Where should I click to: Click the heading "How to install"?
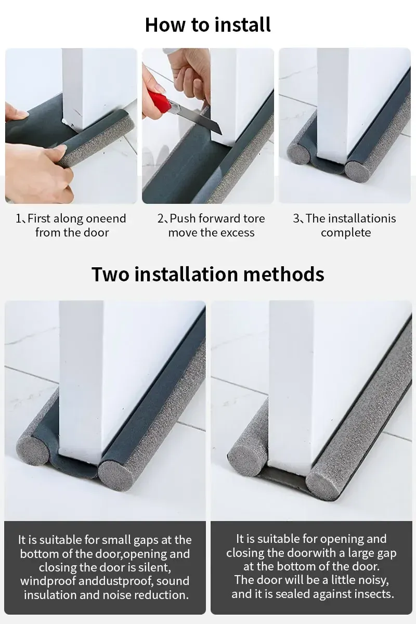point(208,25)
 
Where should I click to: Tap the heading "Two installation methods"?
point(208,274)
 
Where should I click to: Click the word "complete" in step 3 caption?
point(346,233)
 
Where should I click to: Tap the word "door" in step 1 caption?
point(96,232)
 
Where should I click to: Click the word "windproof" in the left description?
point(48,581)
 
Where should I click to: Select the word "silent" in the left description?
point(155,567)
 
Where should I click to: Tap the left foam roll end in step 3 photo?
point(298,155)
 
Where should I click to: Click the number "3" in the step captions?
point(296,218)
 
